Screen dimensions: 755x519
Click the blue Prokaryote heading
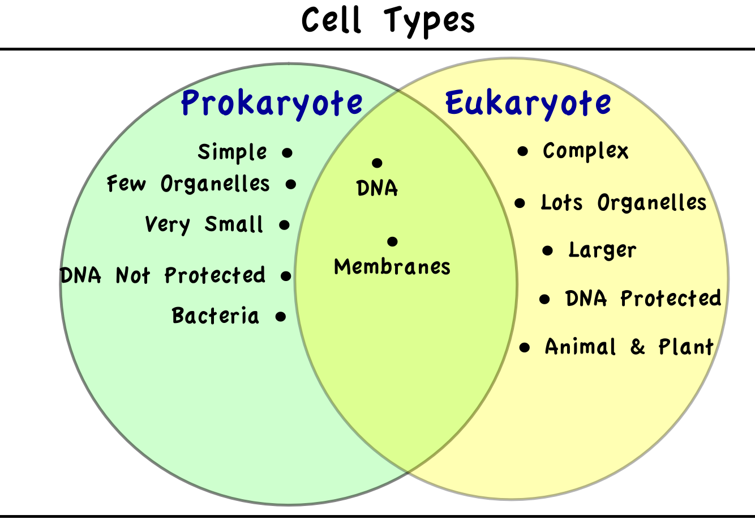[272, 104]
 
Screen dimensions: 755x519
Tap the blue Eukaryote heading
[528, 104]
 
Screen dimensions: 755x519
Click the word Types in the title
[429, 22]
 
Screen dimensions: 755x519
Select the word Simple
[232, 152]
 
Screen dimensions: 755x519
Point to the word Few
[126, 184]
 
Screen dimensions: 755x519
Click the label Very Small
[204, 224]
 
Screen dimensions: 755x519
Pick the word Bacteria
[216, 316]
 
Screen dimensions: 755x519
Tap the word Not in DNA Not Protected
[132, 275]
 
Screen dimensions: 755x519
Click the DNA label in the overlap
[377, 188]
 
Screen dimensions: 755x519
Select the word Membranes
[392, 267]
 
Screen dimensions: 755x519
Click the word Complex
[585, 151]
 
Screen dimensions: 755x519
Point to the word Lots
[561, 202]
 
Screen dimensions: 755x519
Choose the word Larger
[602, 251]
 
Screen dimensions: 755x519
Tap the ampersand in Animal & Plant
[637, 347]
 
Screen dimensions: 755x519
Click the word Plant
[686, 347]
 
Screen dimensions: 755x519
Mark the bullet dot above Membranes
[392, 241]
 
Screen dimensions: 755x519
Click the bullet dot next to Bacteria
[280, 317]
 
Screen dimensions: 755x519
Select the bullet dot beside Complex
[522, 151]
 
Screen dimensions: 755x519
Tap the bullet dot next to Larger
[548, 251]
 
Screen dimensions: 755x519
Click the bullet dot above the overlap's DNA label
[377, 163]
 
